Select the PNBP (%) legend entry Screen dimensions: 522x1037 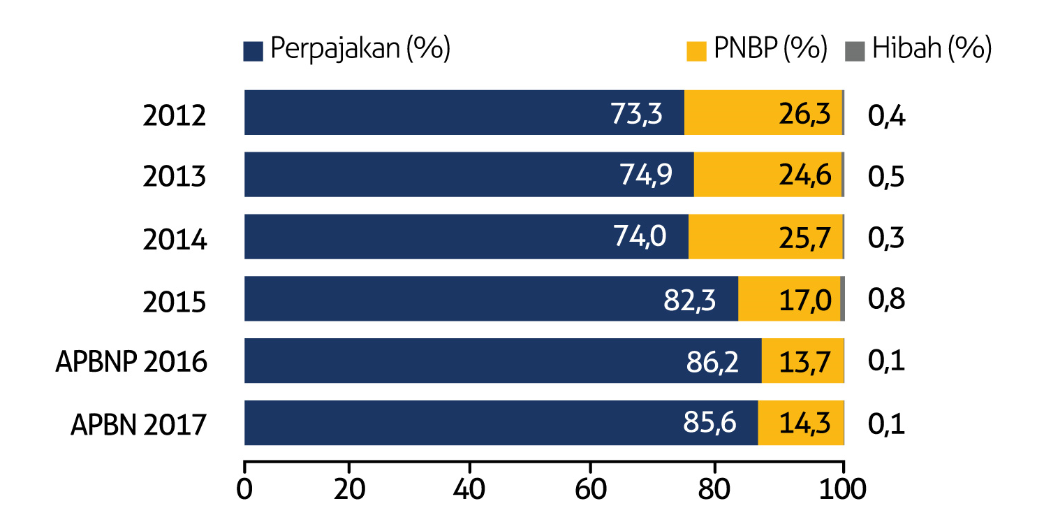point(757,50)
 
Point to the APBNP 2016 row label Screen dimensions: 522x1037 point(132,362)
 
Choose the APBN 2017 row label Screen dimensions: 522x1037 point(139,424)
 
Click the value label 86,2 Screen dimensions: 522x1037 point(712,363)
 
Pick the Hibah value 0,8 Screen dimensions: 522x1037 point(886,300)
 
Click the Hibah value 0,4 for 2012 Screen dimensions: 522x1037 point(886,115)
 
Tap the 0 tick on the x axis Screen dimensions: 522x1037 point(244,489)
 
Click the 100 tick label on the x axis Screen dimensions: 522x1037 point(844,489)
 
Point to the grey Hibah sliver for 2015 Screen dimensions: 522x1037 point(842,298)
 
